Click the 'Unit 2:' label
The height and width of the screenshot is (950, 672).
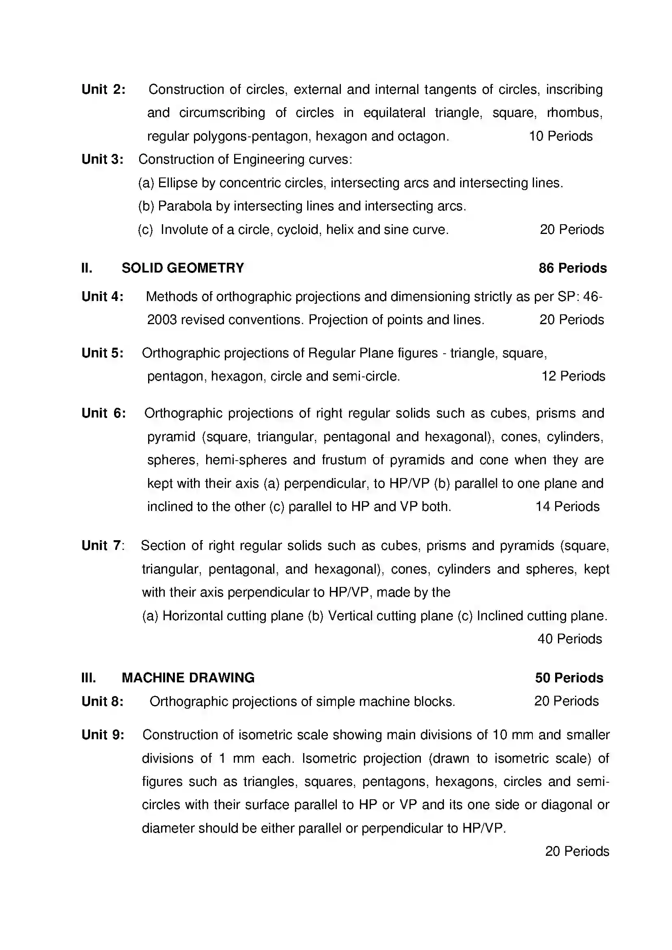click(103, 89)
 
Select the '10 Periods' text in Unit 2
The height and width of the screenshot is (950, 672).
click(561, 136)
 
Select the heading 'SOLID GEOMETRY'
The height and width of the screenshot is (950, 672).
click(183, 268)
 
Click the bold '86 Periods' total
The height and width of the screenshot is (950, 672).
click(572, 268)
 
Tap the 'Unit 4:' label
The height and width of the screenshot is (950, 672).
click(102, 296)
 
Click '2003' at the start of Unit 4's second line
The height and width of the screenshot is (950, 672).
click(162, 320)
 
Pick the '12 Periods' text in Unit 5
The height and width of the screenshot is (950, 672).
click(573, 376)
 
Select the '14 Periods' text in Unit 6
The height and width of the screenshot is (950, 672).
click(567, 506)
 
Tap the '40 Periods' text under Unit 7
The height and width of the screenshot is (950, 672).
click(569, 639)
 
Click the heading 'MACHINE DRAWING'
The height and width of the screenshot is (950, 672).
click(188, 678)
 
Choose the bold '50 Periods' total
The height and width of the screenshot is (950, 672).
click(569, 678)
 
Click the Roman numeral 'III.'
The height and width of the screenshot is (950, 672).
click(88, 678)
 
